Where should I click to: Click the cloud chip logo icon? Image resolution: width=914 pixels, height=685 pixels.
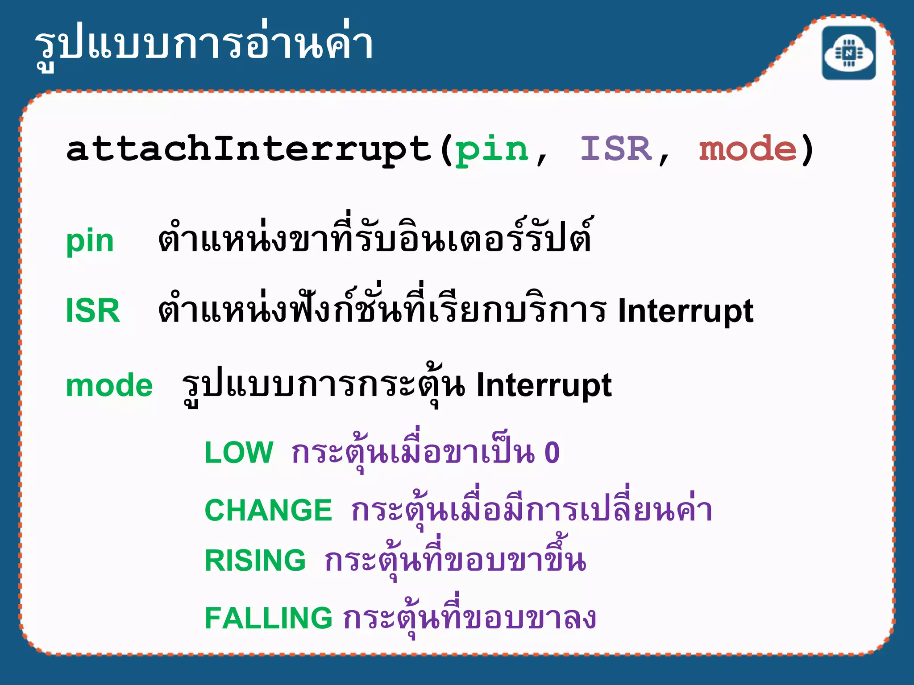[849, 53]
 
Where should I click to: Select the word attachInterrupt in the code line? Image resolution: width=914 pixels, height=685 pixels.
[248, 149]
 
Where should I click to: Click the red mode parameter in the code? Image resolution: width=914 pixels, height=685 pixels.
[748, 149]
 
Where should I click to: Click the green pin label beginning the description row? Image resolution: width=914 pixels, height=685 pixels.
[90, 241]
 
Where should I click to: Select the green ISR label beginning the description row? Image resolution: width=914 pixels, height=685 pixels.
[93, 311]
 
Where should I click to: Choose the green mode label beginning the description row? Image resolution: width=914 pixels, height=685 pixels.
[109, 385]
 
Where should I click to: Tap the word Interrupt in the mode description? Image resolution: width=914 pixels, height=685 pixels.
[544, 386]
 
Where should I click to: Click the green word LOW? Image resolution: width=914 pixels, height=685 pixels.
[239, 452]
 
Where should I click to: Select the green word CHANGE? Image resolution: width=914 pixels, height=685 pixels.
[268, 510]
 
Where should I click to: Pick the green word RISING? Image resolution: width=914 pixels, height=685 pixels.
[255, 560]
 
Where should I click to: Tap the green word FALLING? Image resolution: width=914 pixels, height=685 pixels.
[268, 618]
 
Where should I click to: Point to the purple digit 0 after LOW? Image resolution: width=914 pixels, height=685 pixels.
[552, 453]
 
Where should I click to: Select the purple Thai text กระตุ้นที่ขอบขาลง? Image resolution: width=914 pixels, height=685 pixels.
[469, 617]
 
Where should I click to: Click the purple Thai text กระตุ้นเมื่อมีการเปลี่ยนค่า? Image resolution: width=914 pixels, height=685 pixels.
[531, 509]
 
